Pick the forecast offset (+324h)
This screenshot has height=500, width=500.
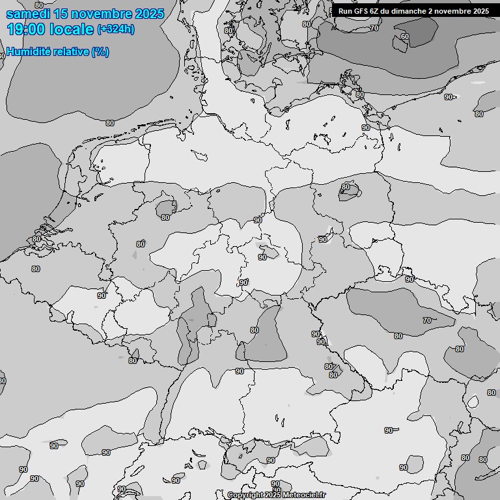(116, 29)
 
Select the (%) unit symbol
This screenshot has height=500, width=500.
(100, 51)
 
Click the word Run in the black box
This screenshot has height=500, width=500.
(345, 11)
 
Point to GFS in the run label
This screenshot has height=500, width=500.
(361, 11)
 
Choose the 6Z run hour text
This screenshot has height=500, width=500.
(376, 11)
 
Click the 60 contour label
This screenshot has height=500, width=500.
(404, 36)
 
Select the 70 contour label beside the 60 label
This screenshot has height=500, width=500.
(374, 28)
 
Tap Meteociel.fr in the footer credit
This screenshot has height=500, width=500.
(305, 495)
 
